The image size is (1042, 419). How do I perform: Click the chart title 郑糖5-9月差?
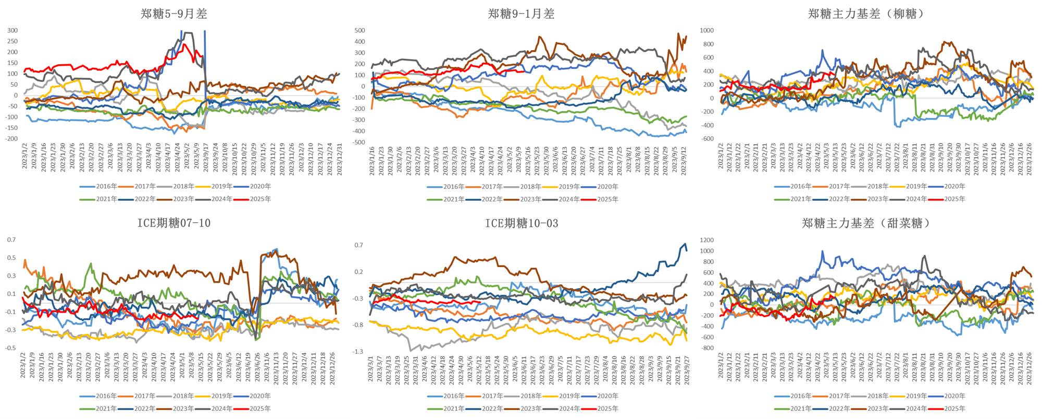[173, 14]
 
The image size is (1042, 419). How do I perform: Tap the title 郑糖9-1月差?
[521, 14]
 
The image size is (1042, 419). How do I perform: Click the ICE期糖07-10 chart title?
[173, 223]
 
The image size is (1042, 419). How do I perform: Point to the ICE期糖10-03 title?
[522, 223]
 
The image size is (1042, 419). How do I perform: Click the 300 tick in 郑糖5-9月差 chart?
[12, 30]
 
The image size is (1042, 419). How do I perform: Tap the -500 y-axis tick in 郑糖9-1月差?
[359, 142]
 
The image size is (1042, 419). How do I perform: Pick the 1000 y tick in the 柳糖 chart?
[706, 30]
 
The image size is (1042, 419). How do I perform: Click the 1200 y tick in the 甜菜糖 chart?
[706, 240]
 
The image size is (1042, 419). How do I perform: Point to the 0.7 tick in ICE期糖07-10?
[11, 240]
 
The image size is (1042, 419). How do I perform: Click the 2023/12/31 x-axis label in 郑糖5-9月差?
[340, 156]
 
